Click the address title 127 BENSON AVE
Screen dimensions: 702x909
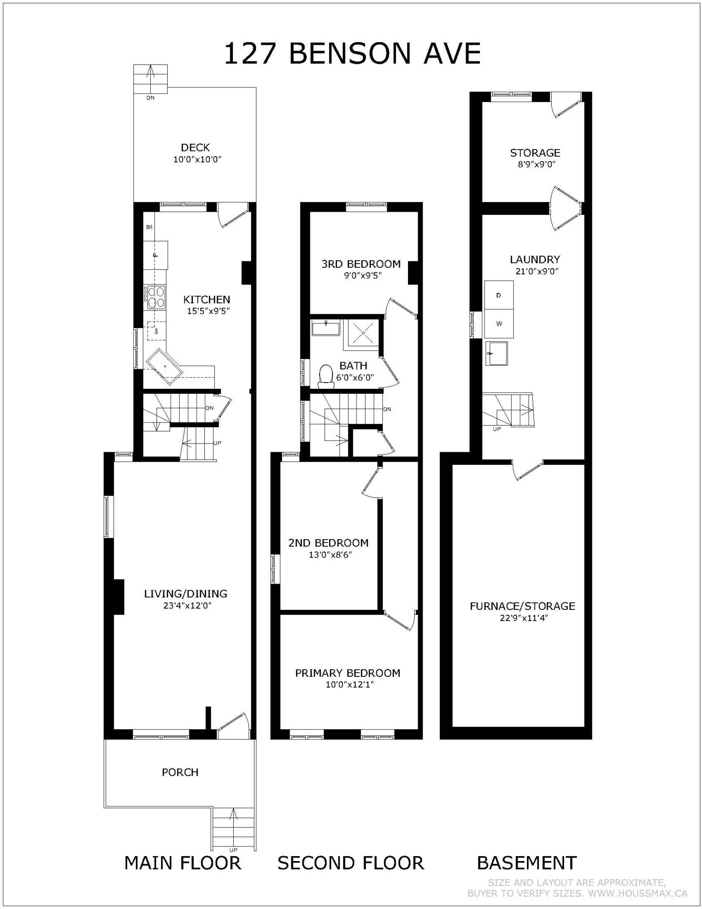click(352, 54)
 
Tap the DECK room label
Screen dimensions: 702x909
click(195, 147)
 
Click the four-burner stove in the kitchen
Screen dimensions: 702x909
click(154, 297)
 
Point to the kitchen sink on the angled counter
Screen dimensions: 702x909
click(165, 366)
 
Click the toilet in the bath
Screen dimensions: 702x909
click(326, 375)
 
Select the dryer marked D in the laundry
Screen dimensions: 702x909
click(498, 295)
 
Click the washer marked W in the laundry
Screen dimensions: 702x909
click(498, 324)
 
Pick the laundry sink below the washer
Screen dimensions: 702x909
click(497, 353)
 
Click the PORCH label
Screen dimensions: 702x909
click(180, 772)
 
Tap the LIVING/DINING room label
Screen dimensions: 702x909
click(185, 593)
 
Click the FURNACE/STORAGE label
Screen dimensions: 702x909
click(522, 606)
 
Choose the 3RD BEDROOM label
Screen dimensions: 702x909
click(361, 264)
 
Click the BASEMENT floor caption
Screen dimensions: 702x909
click(526, 863)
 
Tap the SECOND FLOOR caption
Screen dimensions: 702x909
click(351, 863)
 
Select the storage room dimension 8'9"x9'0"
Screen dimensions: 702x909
click(535, 165)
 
